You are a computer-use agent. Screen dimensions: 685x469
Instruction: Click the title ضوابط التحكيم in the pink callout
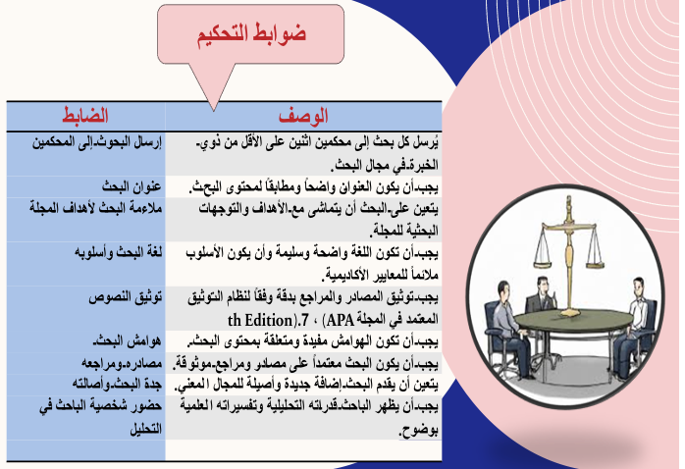(251, 34)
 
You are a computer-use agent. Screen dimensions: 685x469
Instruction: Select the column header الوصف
(303, 116)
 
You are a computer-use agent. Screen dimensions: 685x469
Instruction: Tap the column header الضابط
(85, 115)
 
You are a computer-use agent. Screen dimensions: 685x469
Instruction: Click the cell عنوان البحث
(132, 186)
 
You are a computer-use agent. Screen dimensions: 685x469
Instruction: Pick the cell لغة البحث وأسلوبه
(118, 253)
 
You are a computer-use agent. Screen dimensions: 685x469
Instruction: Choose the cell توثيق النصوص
(126, 297)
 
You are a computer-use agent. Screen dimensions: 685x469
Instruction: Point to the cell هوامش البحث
(127, 341)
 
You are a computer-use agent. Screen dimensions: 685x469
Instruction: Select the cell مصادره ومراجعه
(122, 363)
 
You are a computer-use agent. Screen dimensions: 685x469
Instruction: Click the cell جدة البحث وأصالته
(117, 385)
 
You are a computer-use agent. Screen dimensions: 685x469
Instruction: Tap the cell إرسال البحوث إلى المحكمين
(96, 142)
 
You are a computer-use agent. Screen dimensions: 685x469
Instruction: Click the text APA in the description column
(341, 320)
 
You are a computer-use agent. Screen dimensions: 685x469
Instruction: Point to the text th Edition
(260, 320)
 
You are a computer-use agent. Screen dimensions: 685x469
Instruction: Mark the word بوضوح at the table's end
(418, 431)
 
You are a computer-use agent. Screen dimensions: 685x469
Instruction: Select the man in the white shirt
(633, 326)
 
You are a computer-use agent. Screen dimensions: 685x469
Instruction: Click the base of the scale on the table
(569, 313)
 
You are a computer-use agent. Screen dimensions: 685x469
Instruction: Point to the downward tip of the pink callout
(214, 110)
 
